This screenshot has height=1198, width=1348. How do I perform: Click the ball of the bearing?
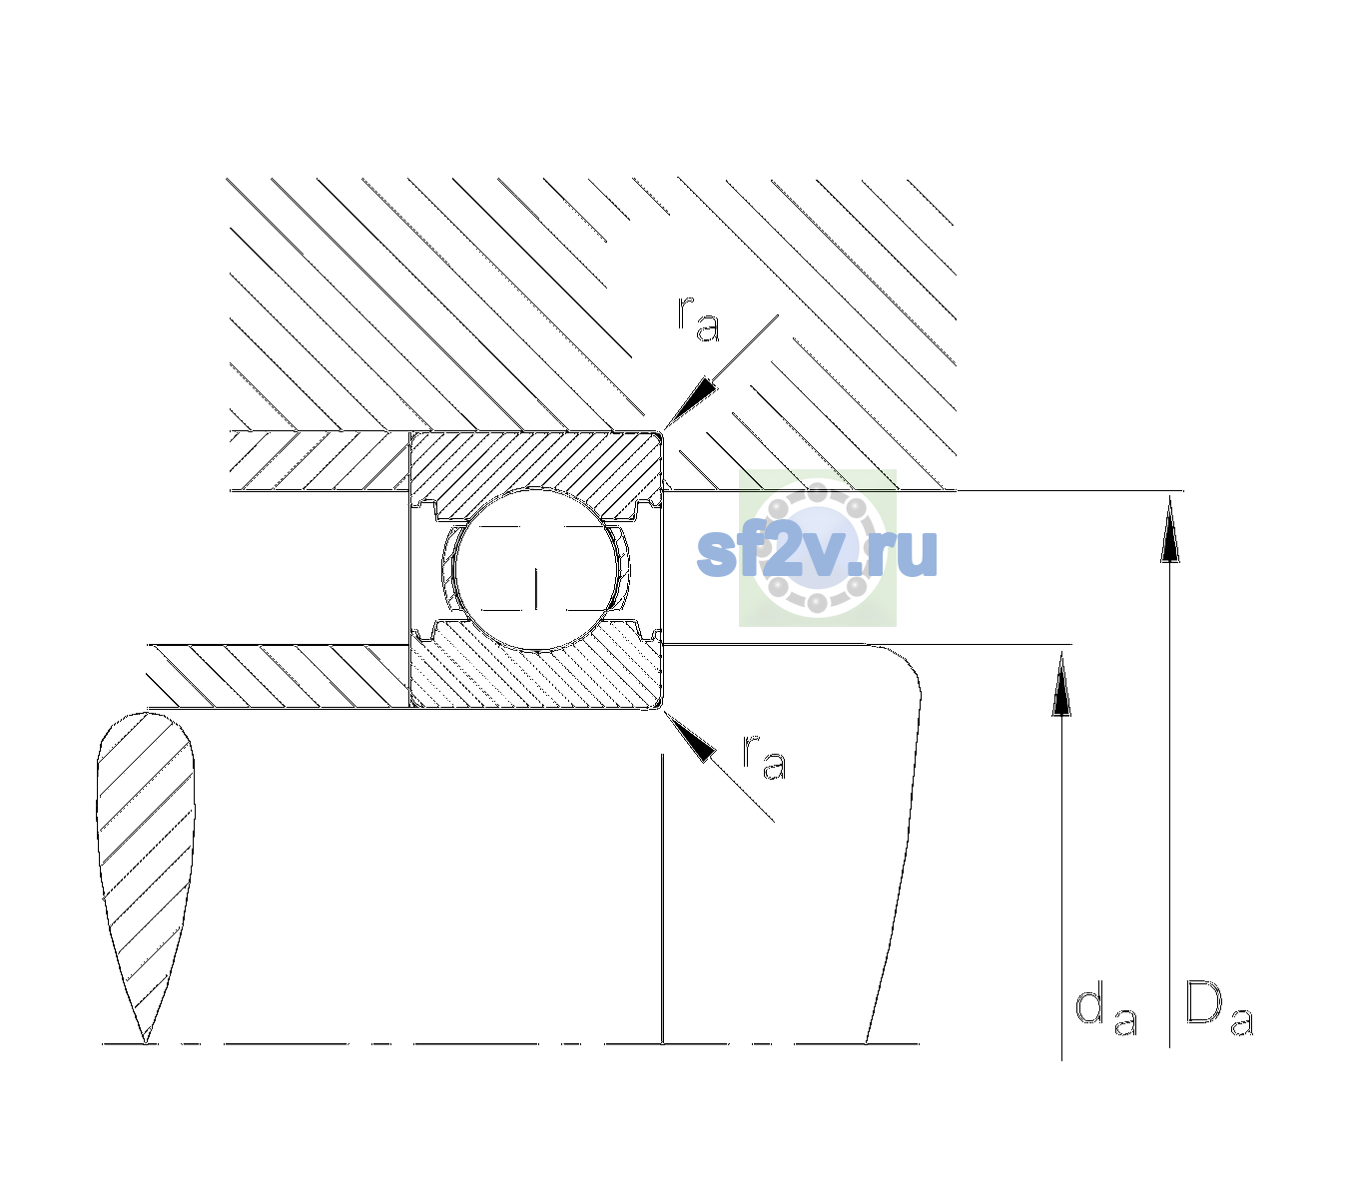point(535,569)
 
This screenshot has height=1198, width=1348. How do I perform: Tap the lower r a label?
point(764,757)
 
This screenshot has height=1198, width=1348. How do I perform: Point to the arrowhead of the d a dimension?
point(1061,684)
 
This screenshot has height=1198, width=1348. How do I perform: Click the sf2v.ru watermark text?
point(817,551)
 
